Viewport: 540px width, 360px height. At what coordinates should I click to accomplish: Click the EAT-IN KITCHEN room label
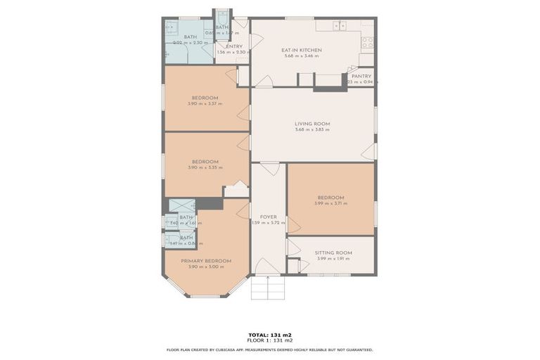301,51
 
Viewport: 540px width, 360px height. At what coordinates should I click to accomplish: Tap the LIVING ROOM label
312,124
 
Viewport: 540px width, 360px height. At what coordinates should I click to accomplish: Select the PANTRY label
361,76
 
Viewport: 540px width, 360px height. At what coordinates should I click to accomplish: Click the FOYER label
268,217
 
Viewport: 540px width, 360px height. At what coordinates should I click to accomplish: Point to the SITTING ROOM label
333,252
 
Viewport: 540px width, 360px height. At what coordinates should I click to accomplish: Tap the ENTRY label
234,46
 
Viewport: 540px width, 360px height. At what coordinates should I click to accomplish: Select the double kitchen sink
340,26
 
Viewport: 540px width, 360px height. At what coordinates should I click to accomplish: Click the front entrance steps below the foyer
268,287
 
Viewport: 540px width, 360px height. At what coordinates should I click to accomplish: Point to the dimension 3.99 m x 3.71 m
332,203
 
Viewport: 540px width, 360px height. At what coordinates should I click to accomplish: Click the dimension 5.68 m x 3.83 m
312,130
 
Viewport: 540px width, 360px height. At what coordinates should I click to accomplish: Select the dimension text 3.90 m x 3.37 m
205,104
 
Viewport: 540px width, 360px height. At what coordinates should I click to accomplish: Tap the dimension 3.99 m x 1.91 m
333,259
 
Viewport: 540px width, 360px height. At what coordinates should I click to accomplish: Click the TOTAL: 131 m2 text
270,334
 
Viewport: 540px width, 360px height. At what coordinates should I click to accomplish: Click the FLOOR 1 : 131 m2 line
270,340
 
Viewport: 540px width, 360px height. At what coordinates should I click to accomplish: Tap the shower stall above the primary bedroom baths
182,206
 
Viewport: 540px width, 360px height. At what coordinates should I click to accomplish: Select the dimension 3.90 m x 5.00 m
205,267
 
